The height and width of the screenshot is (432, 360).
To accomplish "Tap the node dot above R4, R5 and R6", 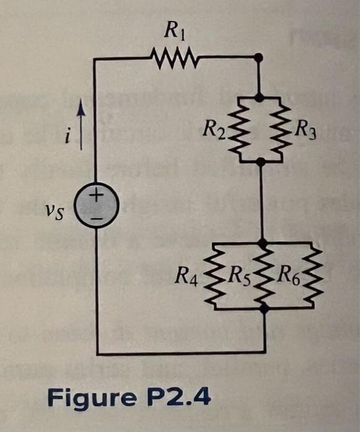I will [x=264, y=243].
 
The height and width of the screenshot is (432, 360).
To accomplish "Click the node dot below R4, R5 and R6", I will [x=264, y=312].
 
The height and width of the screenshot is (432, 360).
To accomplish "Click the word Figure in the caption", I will [x=93, y=397].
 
